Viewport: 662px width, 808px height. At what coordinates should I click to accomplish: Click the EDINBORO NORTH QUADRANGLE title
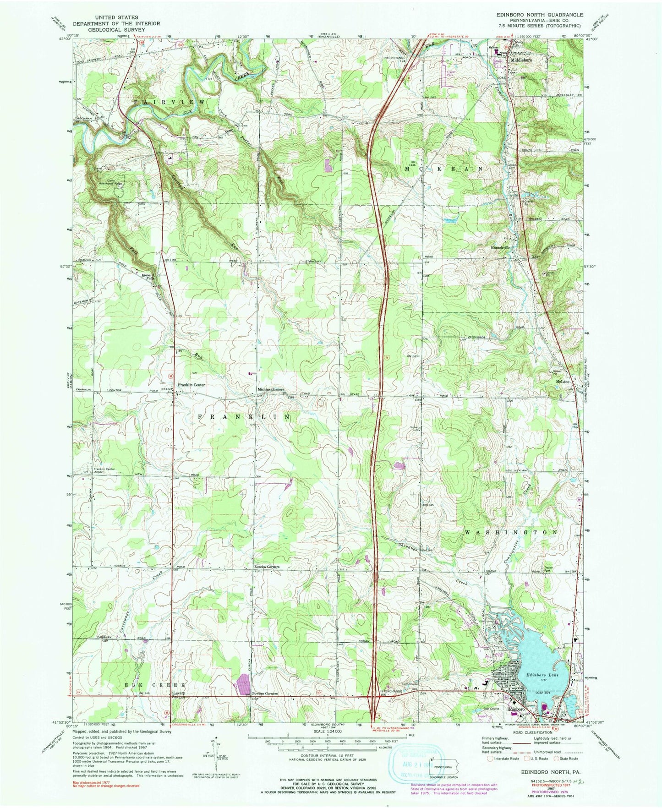pyautogui.click(x=540, y=15)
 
